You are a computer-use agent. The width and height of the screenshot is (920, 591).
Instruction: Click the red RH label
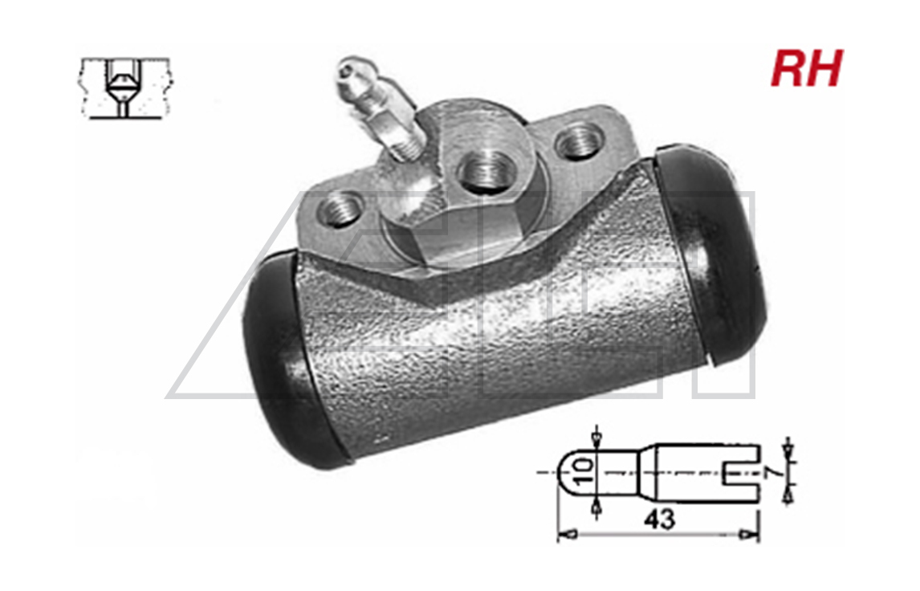pos(807,69)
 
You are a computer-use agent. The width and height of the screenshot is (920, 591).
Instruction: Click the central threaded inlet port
pos(485,171)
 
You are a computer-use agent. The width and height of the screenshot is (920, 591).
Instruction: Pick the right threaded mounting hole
pos(579,141)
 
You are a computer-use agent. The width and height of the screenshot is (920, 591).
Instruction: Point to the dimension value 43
pos(659,520)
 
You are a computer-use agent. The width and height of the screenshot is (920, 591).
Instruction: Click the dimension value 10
pos(583,473)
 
